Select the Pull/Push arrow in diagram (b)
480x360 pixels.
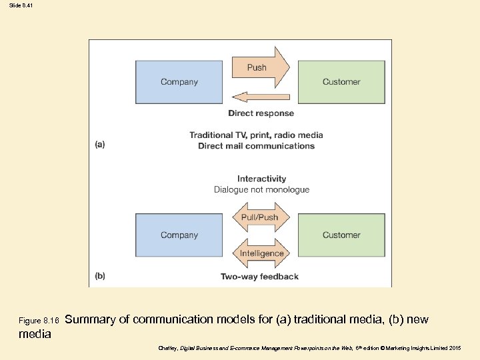click(x=261, y=217)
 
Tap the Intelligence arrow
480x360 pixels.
click(x=261, y=253)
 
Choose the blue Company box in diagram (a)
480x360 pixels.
click(x=179, y=82)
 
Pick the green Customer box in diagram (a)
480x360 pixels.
click(x=341, y=82)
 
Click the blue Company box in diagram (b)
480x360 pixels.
click(x=179, y=235)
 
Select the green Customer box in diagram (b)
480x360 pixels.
click(x=341, y=235)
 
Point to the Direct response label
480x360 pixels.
click(x=261, y=113)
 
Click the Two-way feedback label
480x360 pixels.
click(x=259, y=276)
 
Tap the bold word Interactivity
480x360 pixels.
click(x=261, y=179)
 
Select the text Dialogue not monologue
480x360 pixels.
click(x=261, y=189)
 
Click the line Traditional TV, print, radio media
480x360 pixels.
click(x=256, y=135)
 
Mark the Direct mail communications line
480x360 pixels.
click(x=256, y=146)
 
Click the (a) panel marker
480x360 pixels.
click(x=99, y=143)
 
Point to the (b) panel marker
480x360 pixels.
click(x=99, y=275)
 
